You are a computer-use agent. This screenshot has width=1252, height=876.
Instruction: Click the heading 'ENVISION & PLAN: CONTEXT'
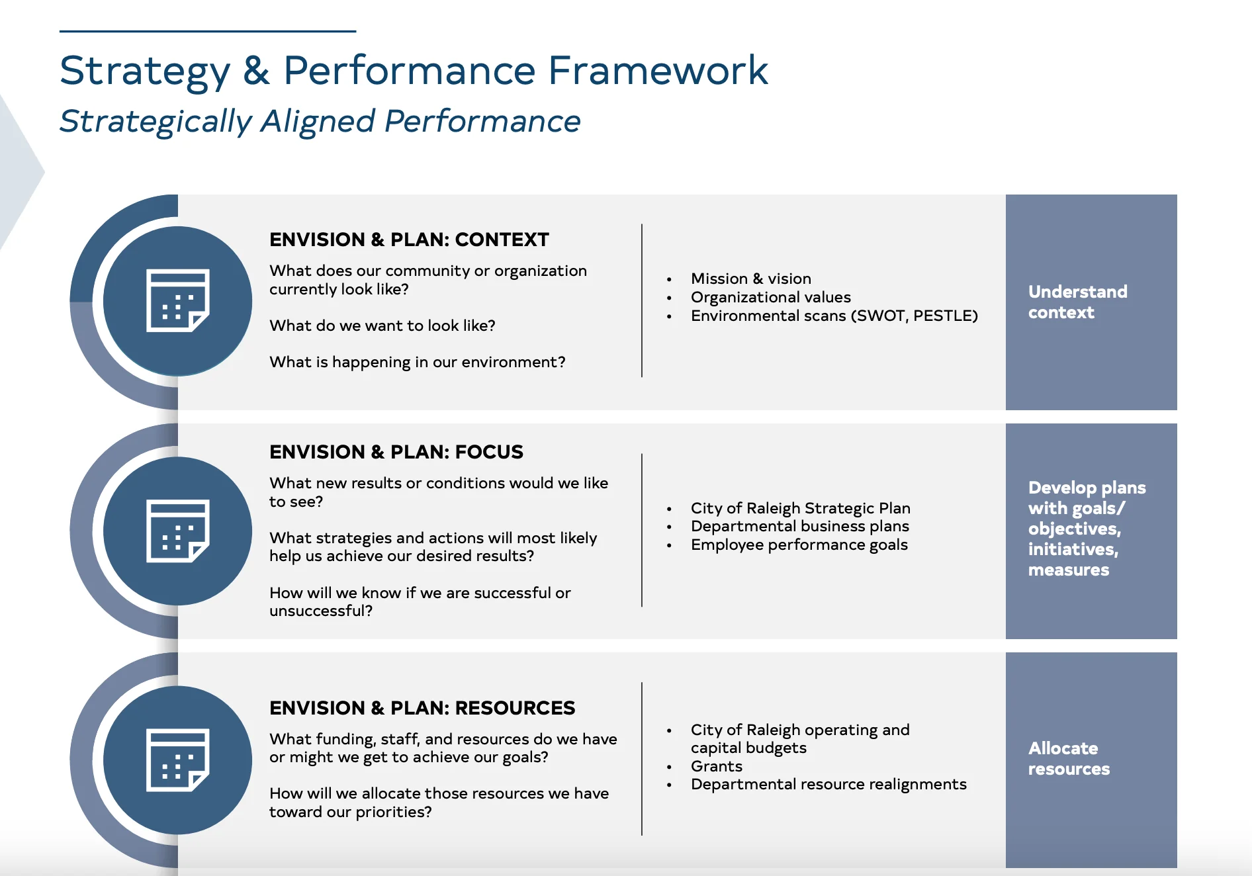click(409, 240)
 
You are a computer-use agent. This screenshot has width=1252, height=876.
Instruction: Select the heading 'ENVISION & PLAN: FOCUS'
click(396, 452)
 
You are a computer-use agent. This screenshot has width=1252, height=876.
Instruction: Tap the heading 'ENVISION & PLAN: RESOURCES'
click(422, 708)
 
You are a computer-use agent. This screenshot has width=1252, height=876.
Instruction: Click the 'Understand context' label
click(1077, 302)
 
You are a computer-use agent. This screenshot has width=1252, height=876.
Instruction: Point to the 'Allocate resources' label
click(1069, 758)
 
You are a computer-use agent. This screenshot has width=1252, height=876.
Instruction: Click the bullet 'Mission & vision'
click(750, 279)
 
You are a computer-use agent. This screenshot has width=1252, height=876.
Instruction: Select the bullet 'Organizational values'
click(770, 297)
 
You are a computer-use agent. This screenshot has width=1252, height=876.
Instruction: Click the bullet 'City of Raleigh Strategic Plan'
click(800, 508)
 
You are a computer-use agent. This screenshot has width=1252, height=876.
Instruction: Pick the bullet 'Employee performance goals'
click(799, 545)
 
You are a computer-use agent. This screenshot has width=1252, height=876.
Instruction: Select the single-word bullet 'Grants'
click(716, 766)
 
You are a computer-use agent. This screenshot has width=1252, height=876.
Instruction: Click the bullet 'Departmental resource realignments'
click(828, 784)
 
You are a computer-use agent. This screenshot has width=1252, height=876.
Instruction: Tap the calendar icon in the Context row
click(177, 301)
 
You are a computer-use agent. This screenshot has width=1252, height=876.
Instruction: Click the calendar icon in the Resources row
click(177, 760)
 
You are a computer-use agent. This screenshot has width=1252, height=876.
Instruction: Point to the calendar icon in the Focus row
click(177, 531)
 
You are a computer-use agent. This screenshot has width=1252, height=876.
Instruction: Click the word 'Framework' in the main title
click(658, 70)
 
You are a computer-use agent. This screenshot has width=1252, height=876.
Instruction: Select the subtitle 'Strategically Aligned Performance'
click(320, 121)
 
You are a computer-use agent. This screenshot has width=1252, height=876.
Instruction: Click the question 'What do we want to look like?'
click(382, 326)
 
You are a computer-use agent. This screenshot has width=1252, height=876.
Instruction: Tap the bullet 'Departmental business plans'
click(799, 526)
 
